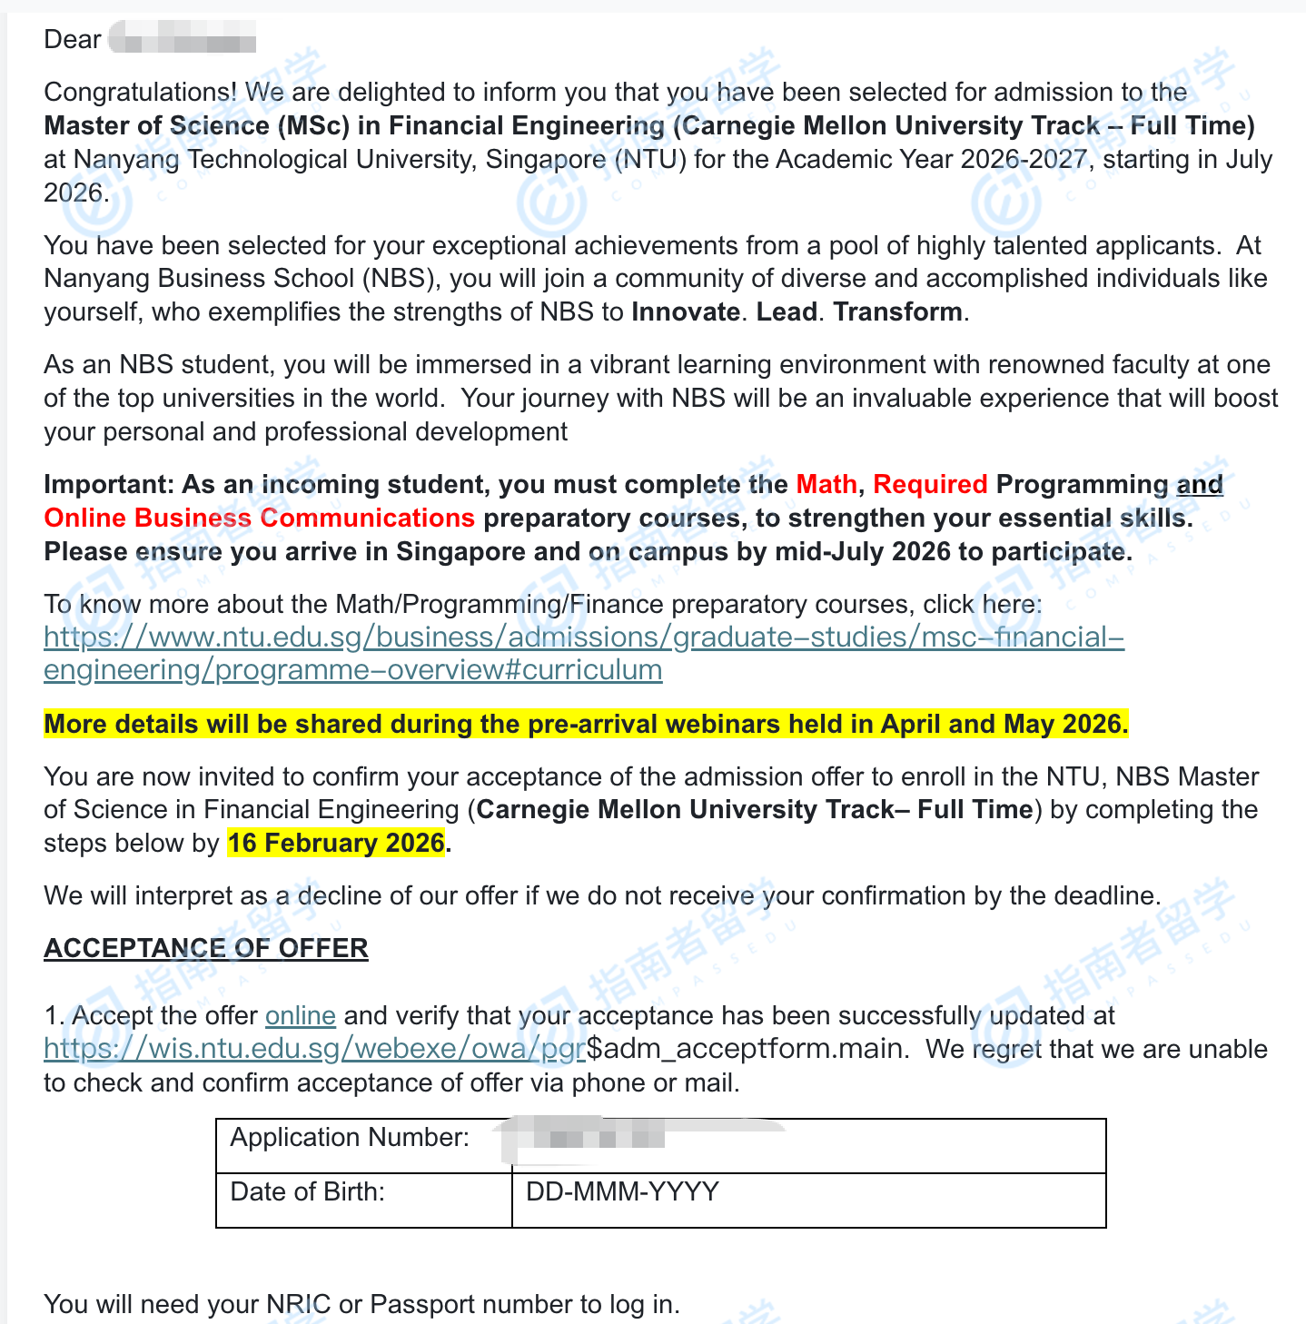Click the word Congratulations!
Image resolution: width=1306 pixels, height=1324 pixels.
141,92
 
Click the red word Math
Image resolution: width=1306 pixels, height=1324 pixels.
826,484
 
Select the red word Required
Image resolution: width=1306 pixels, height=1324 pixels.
929,484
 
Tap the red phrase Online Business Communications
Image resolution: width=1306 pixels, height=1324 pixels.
259,518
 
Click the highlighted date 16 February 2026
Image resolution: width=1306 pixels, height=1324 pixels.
336,843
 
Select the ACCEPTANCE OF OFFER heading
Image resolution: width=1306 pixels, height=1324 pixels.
206,948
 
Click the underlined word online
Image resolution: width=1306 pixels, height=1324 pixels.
300,1015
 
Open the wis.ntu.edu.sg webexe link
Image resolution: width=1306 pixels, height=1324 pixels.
314,1049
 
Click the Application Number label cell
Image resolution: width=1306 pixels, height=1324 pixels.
350,1138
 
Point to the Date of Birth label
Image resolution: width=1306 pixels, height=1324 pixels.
308,1191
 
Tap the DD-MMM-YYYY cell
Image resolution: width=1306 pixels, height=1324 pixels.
623,1191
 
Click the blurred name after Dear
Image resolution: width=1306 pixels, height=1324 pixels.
183,40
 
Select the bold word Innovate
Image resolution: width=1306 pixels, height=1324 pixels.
685,311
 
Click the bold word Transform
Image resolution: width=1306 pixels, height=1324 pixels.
897,311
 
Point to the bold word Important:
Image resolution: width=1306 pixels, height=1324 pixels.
108,484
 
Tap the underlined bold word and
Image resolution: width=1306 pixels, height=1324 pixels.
1199,484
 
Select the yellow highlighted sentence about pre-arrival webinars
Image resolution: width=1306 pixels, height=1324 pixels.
586,724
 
